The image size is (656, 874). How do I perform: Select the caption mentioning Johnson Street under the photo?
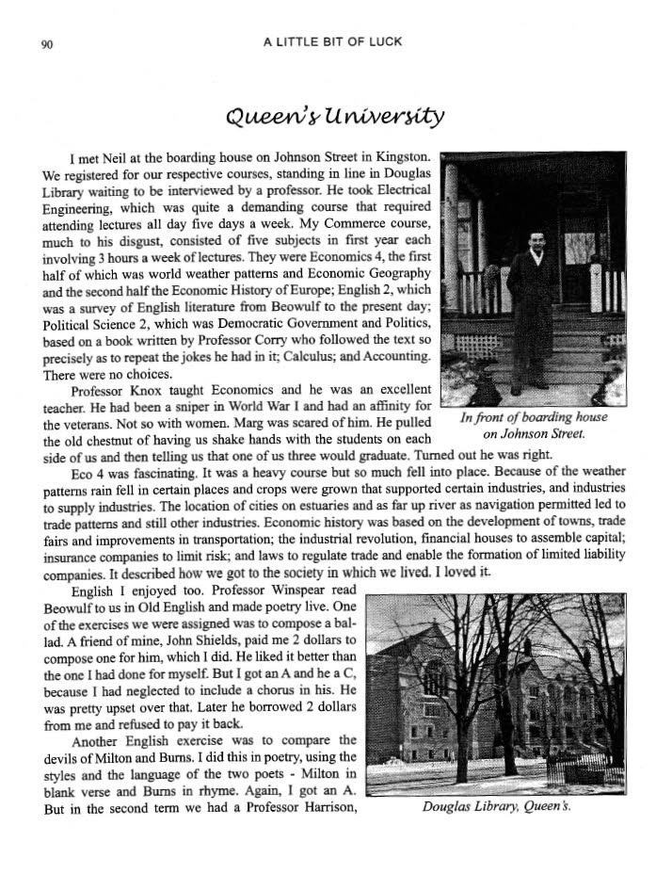point(533,426)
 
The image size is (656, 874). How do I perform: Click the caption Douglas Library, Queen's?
point(496,807)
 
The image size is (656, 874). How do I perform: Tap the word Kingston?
point(403,155)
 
